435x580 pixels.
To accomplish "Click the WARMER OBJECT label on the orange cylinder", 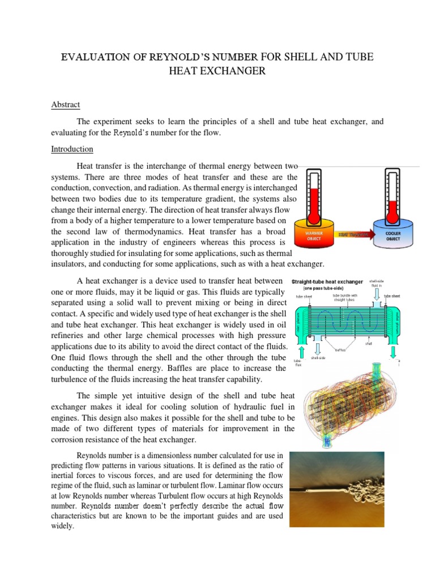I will click(314, 235).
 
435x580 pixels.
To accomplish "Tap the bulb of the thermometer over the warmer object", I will click(314, 216).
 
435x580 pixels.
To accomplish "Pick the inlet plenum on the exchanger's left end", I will click(300, 321).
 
